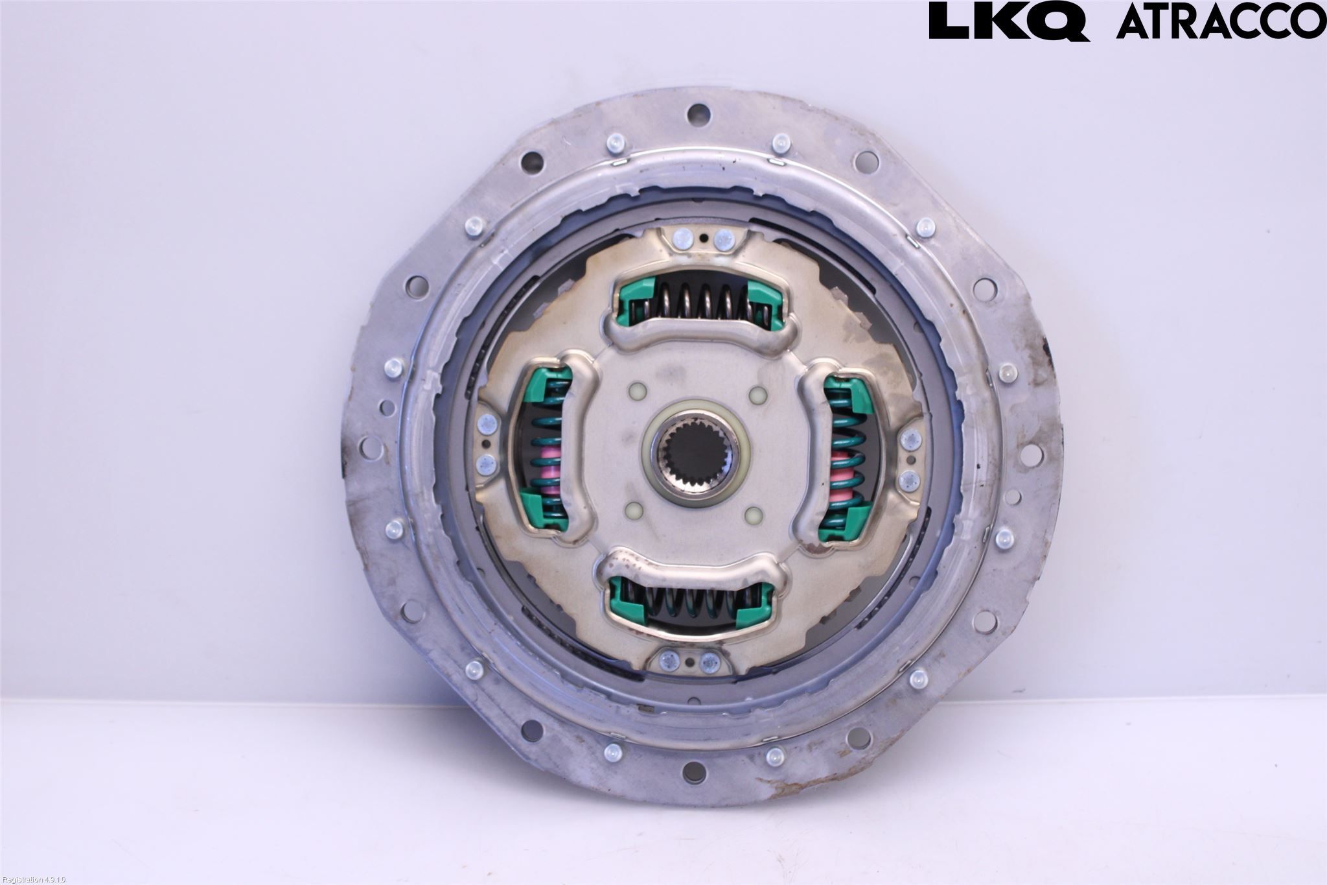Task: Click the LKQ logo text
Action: [1009, 21]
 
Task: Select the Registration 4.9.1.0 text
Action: [34, 879]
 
